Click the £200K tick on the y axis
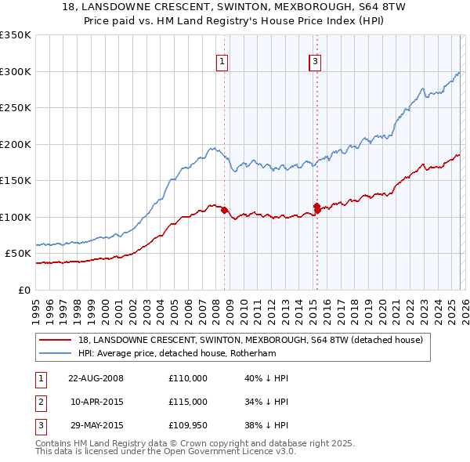pos(16,144)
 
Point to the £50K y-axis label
pos(18,254)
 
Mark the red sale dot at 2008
pos(224,210)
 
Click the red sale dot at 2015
pos(317,208)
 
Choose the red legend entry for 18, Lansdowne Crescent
pos(251,340)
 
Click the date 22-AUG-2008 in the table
pos(96,378)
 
